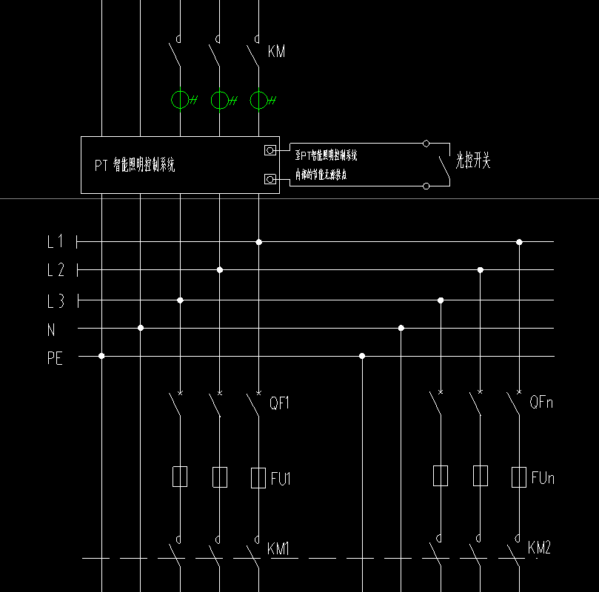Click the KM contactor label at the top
275,52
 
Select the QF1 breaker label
278,403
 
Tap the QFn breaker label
541,403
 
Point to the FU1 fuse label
281,480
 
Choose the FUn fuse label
543,479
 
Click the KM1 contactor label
278,549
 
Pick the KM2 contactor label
539,548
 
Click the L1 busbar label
55,241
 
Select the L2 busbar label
55,270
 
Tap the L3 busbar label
55,301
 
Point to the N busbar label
51,330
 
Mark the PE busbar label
55,359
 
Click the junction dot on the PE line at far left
101,356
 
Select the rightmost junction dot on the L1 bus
519,242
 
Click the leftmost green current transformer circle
180,100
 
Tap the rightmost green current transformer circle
258,100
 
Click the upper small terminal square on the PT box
270,150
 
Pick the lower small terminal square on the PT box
270,179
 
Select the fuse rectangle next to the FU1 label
258,477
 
